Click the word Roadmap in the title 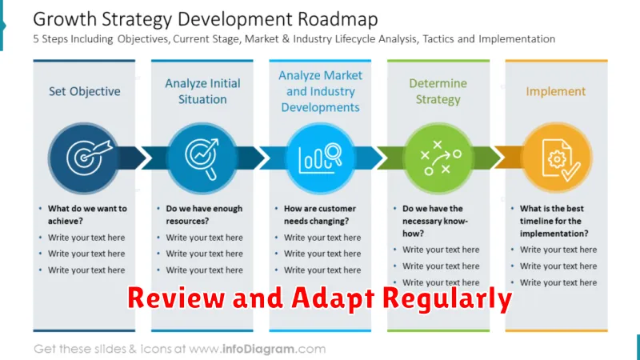click(338, 19)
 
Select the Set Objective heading click(85, 91)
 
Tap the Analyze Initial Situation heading click(202, 91)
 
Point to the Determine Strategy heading click(438, 91)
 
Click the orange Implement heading click(555, 91)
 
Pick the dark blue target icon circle click(84, 158)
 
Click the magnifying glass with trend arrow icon click(202, 158)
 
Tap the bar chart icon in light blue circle click(320, 158)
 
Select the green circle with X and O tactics click(438, 158)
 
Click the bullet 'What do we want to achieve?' click(87, 214)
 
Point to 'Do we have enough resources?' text click(204, 214)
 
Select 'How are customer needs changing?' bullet click(320, 214)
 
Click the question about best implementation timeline click(554, 221)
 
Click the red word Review click(176, 298)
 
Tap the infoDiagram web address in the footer click(257, 349)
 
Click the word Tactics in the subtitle click(438, 38)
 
